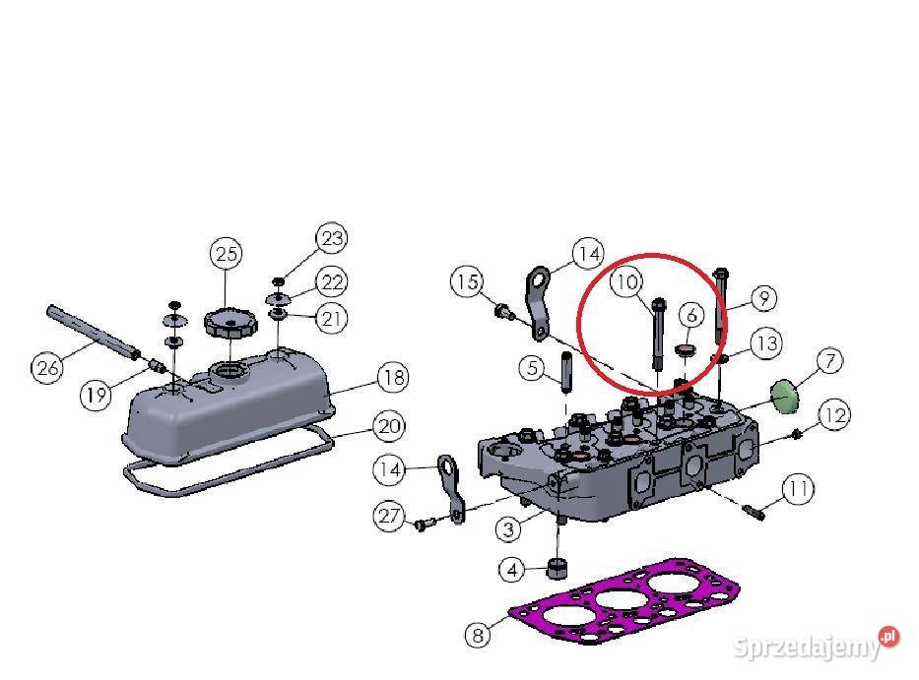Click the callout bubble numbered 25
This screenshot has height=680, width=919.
coord(228,254)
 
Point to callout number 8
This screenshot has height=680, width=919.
coord(477,635)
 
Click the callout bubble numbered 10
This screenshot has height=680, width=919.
coord(624,282)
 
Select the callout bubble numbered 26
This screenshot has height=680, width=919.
coord(46,368)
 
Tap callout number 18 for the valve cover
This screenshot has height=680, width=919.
coord(392,377)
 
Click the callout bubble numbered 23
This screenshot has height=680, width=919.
coord(332,237)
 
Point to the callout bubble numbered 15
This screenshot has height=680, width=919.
coord(468,282)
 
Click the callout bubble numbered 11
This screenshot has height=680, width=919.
coord(798,488)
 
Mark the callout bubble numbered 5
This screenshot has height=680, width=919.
coord(532,369)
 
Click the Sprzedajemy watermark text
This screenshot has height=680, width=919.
coord(806,647)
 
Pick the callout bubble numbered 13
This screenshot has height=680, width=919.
coord(765,343)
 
